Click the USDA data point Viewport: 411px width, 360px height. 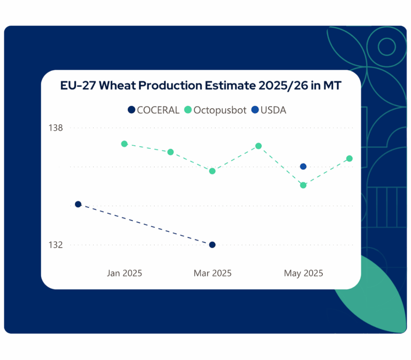click(303, 167)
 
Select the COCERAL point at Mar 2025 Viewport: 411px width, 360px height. click(212, 245)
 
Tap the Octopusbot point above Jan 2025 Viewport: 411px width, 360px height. click(124, 144)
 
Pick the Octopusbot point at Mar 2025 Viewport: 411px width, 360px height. click(212, 171)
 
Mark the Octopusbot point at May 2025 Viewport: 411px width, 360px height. click(303, 185)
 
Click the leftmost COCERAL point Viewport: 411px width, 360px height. click(78, 204)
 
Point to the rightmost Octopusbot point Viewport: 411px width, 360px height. click(349, 159)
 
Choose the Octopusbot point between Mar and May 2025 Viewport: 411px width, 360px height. click(258, 146)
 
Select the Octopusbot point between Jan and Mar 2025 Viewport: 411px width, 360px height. click(170, 152)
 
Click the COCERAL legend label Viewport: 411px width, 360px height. click(158, 110)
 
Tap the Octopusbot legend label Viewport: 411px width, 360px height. click(220, 110)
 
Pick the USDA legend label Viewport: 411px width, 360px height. click(273, 110)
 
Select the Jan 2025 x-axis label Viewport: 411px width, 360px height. click(125, 273)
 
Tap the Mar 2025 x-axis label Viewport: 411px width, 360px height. click(212, 273)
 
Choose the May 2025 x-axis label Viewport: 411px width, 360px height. click(303, 273)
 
